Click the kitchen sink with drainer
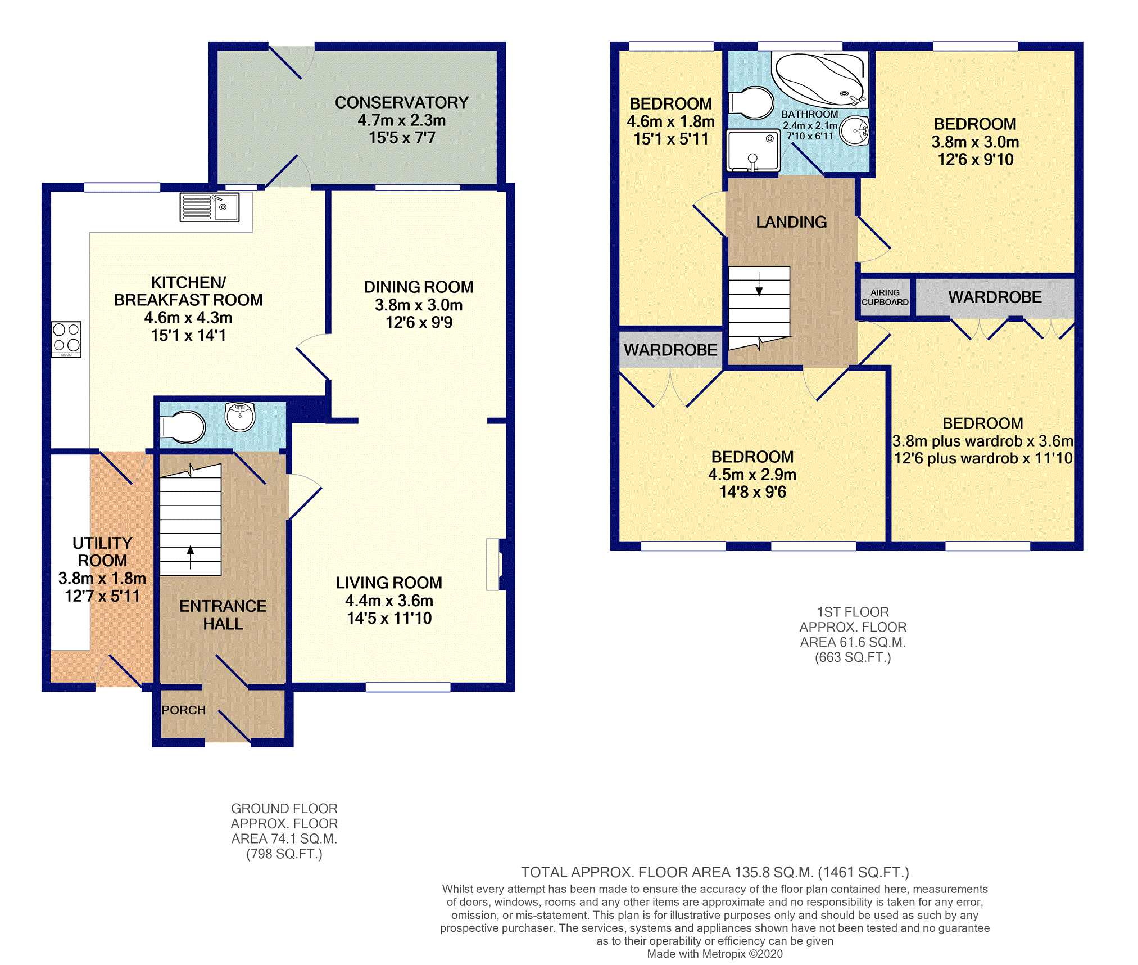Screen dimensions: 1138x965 [x=210, y=207]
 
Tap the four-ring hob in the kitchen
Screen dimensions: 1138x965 [x=66, y=339]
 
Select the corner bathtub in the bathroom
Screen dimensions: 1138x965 [x=820, y=79]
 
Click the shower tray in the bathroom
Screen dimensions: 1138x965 [x=754, y=150]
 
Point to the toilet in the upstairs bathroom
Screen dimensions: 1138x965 [x=751, y=103]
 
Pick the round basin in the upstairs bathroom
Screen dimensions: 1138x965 [x=855, y=131]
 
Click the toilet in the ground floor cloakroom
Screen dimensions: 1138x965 [x=183, y=427]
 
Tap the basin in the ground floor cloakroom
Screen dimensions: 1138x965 [x=240, y=417]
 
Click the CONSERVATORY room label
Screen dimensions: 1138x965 [x=402, y=102]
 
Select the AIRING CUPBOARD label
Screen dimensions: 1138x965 [x=885, y=297]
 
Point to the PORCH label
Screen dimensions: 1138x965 [x=184, y=710]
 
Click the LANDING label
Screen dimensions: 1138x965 [x=791, y=222]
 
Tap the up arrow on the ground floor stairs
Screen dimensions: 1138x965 [x=191, y=557]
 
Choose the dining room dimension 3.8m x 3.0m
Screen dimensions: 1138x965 [x=419, y=305]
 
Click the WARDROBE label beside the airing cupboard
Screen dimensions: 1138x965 [x=995, y=297]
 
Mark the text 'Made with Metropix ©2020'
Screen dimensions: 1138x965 [x=715, y=954]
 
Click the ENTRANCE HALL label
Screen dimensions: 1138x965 [x=223, y=615]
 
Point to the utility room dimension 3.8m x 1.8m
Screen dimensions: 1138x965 [x=102, y=578]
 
